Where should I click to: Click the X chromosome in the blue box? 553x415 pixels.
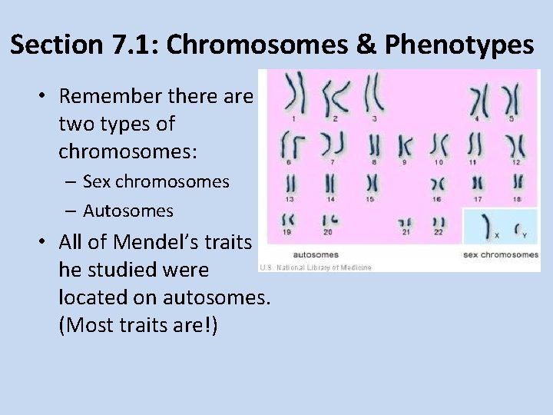(485, 225)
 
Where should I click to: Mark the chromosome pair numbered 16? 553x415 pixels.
(437, 184)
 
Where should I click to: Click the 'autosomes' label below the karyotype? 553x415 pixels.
(316, 254)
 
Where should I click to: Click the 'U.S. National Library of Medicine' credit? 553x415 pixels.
(316, 267)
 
